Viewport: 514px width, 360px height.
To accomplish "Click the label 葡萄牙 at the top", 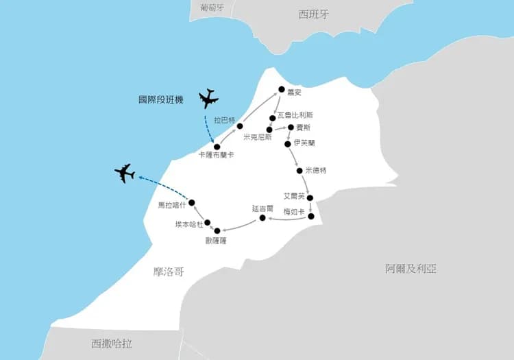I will [x=212, y=8].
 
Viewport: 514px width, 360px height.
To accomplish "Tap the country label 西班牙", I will [x=315, y=14].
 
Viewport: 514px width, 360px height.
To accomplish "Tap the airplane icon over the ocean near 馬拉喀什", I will [x=125, y=173].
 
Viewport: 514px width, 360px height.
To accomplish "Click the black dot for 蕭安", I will [x=280, y=89].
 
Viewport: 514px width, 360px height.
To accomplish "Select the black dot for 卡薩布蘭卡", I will [x=217, y=146].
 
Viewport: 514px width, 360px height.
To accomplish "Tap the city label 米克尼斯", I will [x=256, y=137].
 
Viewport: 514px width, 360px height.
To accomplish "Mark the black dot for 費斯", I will [x=291, y=128].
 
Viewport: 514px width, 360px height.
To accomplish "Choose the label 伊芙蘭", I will [x=304, y=143].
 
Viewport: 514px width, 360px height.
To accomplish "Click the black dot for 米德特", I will [x=299, y=170].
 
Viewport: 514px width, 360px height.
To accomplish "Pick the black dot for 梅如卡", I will [x=311, y=217].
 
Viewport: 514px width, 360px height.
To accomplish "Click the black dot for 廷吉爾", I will [x=262, y=218].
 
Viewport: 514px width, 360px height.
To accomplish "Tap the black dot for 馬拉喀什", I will [x=193, y=202].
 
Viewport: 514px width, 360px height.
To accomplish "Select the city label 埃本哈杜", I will [x=188, y=224].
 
